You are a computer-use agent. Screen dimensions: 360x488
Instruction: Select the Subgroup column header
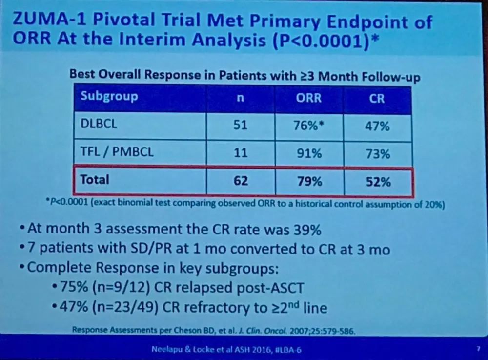point(109,96)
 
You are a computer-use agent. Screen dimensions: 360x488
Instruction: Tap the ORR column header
point(309,98)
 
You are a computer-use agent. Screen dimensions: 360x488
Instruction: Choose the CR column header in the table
point(377,98)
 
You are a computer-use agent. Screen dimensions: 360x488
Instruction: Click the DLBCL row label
point(99,125)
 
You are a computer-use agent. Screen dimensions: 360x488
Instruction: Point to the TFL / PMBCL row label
point(117,152)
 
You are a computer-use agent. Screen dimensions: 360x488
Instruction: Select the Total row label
point(95,179)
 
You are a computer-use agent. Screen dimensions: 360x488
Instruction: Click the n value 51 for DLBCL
point(240,126)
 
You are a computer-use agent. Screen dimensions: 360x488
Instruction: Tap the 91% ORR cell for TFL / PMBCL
point(309,153)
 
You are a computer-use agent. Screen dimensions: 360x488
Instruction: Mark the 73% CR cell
point(378,154)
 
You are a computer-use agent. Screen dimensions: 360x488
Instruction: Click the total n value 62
point(240,181)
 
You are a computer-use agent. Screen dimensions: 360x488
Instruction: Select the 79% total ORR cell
point(309,181)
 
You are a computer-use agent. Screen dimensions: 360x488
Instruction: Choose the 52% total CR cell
point(378,182)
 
